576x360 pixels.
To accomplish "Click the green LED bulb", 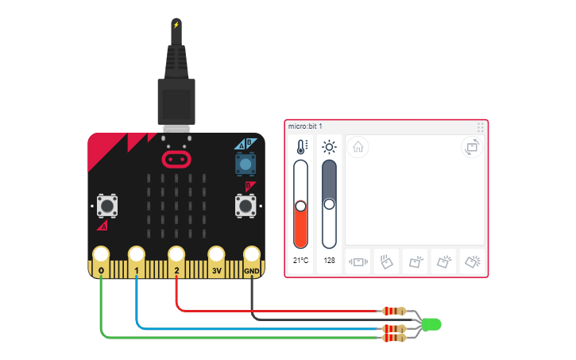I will pos(431,324).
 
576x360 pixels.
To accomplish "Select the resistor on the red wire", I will pos(393,311).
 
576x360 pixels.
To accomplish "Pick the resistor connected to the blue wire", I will pos(393,327).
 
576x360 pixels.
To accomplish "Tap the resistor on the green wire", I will pos(393,337).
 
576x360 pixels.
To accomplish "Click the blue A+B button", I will pos(245,164).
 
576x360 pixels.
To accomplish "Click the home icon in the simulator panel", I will pos(358,147).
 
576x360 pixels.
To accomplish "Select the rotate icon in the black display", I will pos(472,147).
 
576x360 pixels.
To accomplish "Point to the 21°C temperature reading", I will pos(300,260).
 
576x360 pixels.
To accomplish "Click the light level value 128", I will pos(329,260).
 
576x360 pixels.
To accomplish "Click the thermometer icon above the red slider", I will pos(301,147).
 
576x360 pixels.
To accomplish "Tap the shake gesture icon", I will pos(358,261).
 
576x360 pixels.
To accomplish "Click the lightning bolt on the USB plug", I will pos(176,25).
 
